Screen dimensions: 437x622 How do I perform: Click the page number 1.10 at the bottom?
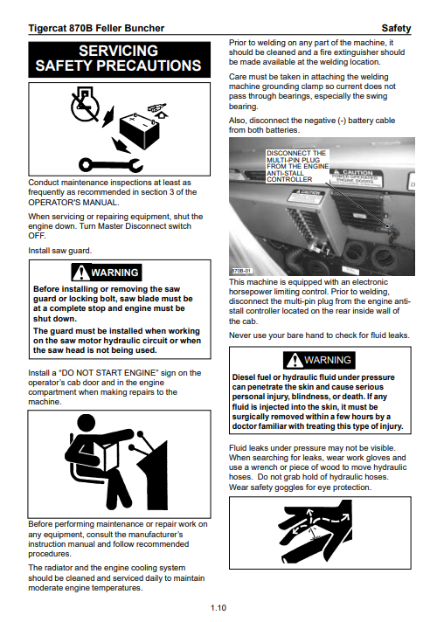coord(218,607)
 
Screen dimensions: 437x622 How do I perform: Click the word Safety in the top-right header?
coord(396,28)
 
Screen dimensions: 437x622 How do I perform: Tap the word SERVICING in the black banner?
coord(118,51)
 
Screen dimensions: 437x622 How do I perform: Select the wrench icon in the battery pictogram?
coord(110,164)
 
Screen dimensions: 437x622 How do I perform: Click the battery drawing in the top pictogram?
coord(139,131)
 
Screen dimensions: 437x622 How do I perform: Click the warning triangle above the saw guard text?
coord(81,273)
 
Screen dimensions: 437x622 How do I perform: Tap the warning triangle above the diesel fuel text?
coord(295,360)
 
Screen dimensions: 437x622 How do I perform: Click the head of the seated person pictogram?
coord(87,425)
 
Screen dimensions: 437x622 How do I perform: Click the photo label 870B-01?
coord(241,271)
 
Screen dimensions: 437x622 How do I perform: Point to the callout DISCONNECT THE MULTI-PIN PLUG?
coord(297,166)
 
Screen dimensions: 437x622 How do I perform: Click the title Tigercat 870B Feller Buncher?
coord(96,28)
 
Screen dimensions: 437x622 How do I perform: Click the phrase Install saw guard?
coord(60,251)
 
